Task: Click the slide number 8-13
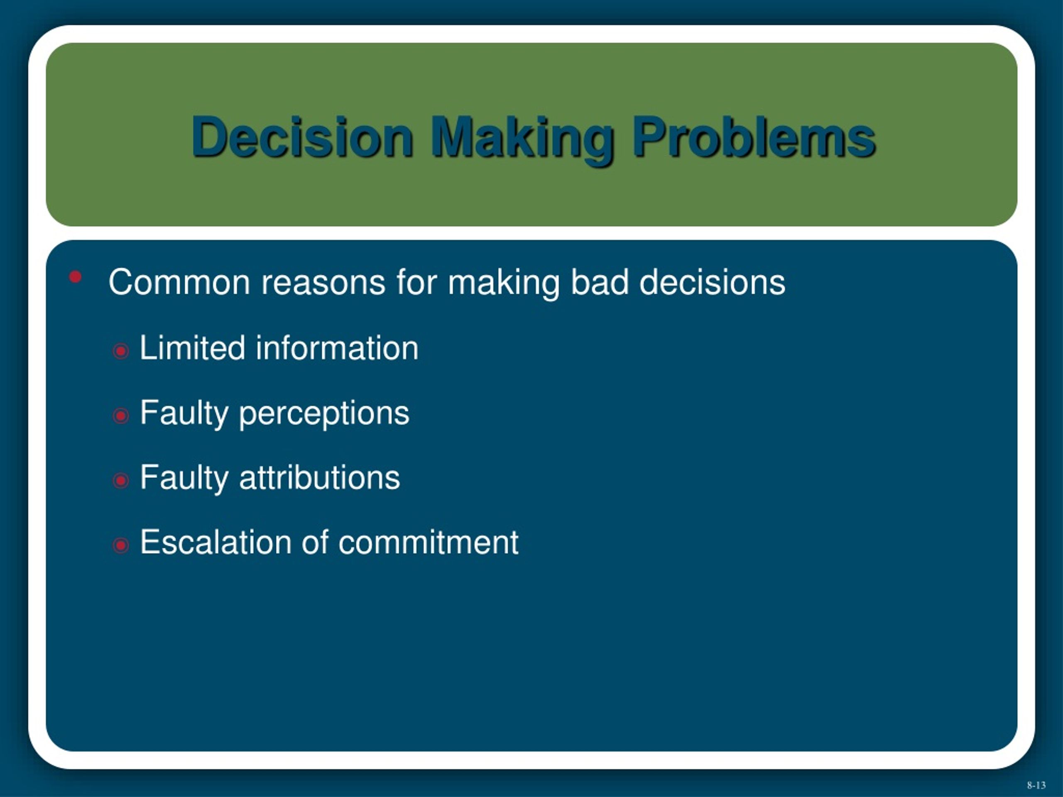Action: [1036, 785]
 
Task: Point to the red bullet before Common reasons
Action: [76, 277]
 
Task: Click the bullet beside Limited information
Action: [120, 351]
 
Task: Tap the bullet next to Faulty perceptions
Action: [120, 416]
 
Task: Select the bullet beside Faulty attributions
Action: [120, 480]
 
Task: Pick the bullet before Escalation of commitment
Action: [120, 545]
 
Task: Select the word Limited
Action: [192, 348]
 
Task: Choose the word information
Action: [337, 348]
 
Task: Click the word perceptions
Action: [324, 415]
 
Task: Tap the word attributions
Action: [320, 478]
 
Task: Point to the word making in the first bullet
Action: [504, 284]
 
